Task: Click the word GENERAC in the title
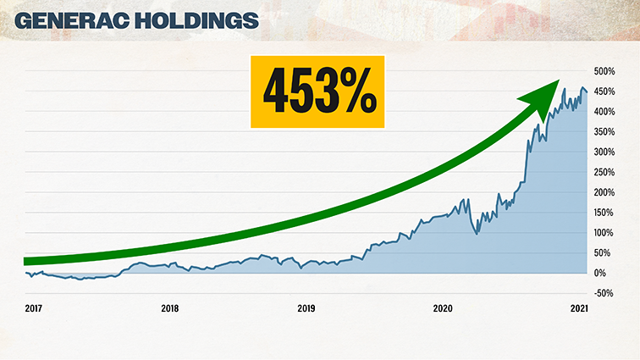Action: [74, 21]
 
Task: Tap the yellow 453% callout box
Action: [319, 91]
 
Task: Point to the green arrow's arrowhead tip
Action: [560, 81]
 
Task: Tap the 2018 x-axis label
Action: [169, 308]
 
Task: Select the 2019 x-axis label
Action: [306, 308]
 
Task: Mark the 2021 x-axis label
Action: [578, 308]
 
